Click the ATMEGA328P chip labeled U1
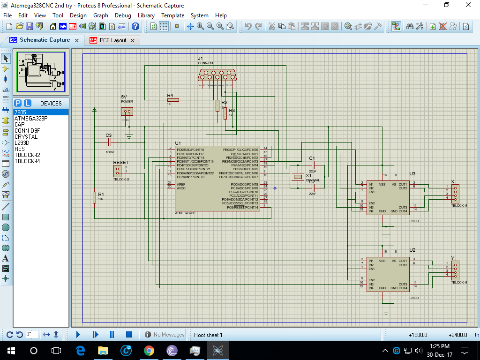coord(217,178)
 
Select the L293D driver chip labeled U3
coord(388,197)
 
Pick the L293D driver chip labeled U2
coord(388,274)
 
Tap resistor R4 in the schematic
coord(173,99)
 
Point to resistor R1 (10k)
coord(94,198)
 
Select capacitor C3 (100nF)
coord(109,142)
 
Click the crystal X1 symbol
coord(297,177)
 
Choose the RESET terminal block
coord(117,170)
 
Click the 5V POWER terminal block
coord(127,111)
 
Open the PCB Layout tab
coord(112,40)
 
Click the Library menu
coord(146,15)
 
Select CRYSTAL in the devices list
coord(26,137)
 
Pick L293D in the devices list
coord(22,143)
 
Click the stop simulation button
coord(129,334)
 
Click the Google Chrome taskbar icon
coord(149,350)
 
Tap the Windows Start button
coord(10,350)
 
